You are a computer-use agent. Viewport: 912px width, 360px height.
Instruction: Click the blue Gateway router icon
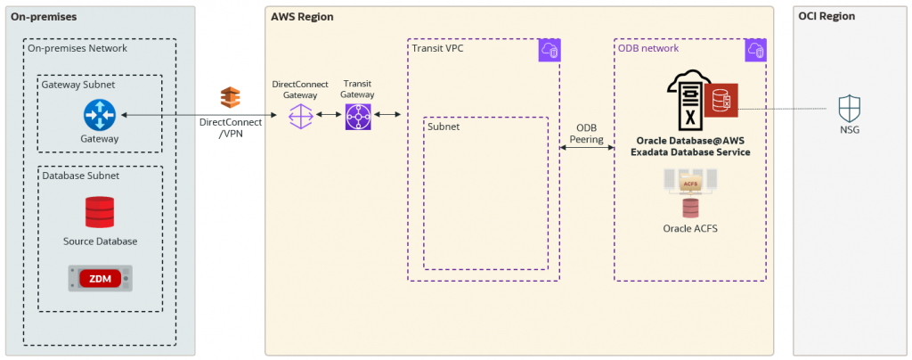pos(100,115)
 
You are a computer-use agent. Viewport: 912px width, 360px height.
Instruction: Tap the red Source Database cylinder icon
pos(100,213)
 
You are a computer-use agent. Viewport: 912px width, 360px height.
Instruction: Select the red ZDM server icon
pos(100,278)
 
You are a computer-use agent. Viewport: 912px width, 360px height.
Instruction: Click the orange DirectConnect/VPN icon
pos(231,98)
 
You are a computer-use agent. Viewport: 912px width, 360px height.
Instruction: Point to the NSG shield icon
pos(850,110)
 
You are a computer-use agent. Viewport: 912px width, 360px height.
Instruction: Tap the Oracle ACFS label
pos(690,229)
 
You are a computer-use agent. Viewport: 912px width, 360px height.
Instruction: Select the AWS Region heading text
pos(302,16)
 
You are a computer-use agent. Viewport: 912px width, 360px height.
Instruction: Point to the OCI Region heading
pos(826,16)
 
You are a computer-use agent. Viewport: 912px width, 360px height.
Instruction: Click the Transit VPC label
pos(438,48)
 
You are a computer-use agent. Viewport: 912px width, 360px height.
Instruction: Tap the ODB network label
pos(648,48)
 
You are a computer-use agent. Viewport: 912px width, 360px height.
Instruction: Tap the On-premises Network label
pos(77,48)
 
